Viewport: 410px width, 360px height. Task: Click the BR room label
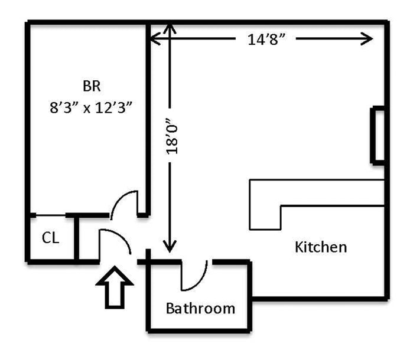92,86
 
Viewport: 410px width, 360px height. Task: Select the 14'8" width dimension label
268,40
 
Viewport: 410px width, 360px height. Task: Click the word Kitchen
320,246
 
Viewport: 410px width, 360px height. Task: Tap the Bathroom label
200,308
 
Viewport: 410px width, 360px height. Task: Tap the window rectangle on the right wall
377,135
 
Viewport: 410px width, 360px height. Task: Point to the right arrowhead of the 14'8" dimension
367,39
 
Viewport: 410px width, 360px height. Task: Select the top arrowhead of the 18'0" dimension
170,28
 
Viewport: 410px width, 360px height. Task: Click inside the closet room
50,248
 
